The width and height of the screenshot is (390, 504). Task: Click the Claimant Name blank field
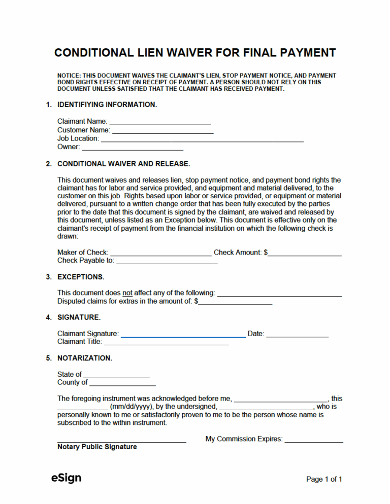(x=160, y=122)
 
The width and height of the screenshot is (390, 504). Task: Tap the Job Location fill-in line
(x=202, y=139)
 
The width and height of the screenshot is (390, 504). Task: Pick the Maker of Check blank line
(x=161, y=253)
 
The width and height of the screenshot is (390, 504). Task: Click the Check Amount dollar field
(x=305, y=253)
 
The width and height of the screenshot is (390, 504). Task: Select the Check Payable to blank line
(x=167, y=262)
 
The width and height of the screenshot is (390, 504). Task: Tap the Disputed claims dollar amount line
(x=235, y=302)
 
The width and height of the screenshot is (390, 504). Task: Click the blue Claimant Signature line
(x=183, y=335)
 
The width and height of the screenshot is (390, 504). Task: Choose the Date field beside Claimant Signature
(x=297, y=335)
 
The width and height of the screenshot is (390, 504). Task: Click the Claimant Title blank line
(x=166, y=343)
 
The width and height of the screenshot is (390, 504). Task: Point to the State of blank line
(x=116, y=375)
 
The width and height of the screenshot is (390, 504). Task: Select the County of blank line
(x=122, y=383)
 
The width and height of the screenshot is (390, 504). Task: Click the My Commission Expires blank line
(x=313, y=440)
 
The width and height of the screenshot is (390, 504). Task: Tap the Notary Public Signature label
(x=97, y=447)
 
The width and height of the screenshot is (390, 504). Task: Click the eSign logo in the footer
(x=66, y=478)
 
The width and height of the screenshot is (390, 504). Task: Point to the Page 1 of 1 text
(x=324, y=479)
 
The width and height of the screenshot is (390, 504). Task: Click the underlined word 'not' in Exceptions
(x=127, y=293)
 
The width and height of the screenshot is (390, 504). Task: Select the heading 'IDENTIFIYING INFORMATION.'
(x=107, y=105)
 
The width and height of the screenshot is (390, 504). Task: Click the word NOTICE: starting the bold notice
(x=69, y=76)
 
